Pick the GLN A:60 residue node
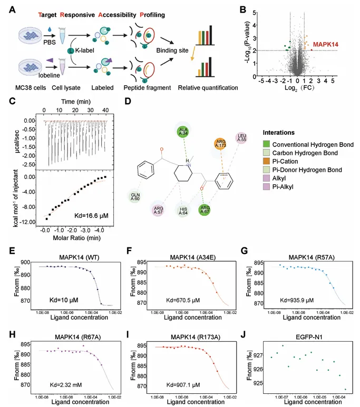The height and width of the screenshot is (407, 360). (x=136, y=197)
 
